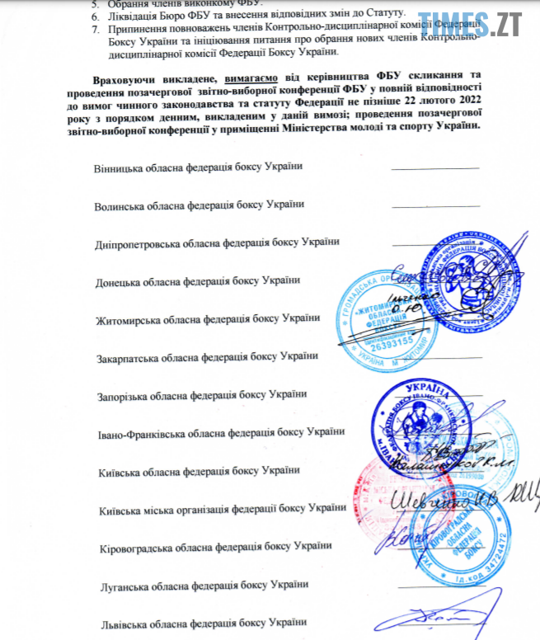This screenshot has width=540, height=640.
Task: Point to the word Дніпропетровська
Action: pos(139,242)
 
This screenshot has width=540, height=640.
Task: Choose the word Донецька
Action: pos(119,280)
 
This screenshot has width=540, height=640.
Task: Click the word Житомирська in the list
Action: pos(128,318)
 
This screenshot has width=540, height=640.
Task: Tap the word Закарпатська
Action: pos(129,356)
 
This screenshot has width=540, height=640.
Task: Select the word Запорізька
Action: pos(124,394)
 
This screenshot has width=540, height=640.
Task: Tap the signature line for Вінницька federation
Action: pos(434,168)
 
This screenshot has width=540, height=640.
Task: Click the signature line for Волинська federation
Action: pos(434,206)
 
